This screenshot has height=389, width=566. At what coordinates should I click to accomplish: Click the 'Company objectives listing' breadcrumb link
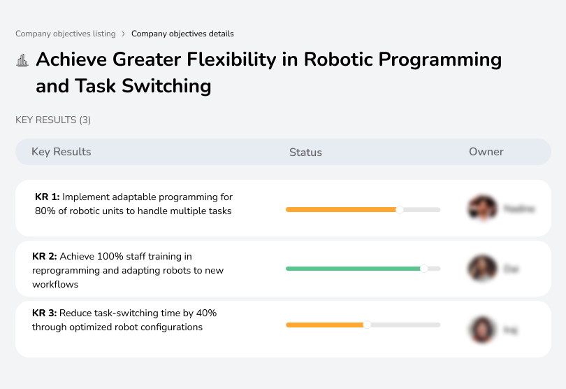pyautogui.click(x=65, y=34)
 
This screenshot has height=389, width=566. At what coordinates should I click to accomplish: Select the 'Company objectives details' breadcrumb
pyautogui.click(x=182, y=34)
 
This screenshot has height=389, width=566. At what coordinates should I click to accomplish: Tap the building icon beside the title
pyautogui.click(x=22, y=60)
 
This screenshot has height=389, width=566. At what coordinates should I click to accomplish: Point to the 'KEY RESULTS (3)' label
pyautogui.click(x=53, y=120)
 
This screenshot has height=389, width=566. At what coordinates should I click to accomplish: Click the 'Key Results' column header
pyautogui.click(x=61, y=152)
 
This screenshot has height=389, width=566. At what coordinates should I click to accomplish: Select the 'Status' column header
pyautogui.click(x=305, y=152)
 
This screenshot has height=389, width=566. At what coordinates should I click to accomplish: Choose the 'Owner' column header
pyautogui.click(x=486, y=152)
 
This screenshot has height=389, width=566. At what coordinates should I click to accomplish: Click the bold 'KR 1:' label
pyautogui.click(x=48, y=197)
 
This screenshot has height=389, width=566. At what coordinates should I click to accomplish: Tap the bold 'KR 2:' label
pyautogui.click(x=45, y=257)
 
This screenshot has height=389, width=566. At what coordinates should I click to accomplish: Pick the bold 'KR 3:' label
pyautogui.click(x=45, y=313)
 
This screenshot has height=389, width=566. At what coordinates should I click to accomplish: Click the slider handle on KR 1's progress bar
pyautogui.click(x=400, y=209)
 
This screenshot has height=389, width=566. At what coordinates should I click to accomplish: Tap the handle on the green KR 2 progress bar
pyautogui.click(x=423, y=268)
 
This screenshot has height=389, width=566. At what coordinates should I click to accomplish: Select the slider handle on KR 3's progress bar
pyautogui.click(x=367, y=325)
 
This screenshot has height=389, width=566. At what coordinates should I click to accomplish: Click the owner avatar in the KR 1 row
pyautogui.click(x=482, y=208)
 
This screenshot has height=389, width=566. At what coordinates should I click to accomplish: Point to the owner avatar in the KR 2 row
pyautogui.click(x=482, y=268)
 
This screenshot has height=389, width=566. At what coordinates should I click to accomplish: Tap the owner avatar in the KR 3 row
pyautogui.click(x=482, y=329)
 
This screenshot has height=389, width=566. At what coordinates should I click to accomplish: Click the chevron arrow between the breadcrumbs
pyautogui.click(x=123, y=34)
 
